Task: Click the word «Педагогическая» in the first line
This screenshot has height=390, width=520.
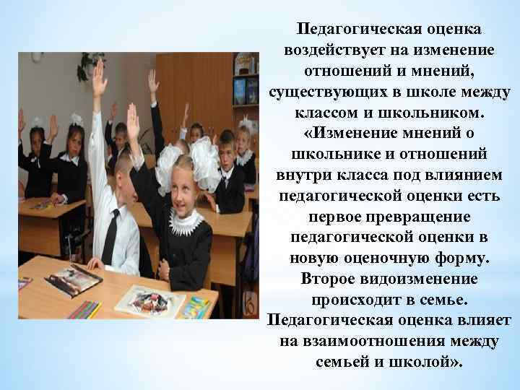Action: (344, 30)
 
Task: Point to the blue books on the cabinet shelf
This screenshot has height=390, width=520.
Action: (246, 90)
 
